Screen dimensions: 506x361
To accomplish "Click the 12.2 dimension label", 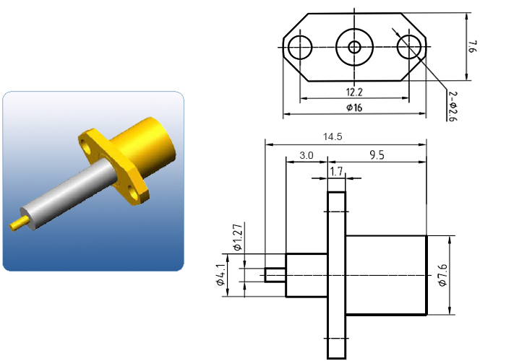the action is coord(354,92).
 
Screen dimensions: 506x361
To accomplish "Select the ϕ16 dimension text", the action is coord(354,108).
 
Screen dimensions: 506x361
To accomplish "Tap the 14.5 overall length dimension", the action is coord(333,136).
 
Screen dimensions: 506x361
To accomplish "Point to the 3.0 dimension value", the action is coord(306,155).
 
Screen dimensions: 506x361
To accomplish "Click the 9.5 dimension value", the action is coord(377,155).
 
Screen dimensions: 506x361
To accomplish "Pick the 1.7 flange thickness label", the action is coord(336,171).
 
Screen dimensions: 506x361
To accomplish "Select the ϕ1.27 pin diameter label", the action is coord(237,238).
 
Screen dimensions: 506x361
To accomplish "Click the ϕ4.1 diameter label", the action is coord(220,275).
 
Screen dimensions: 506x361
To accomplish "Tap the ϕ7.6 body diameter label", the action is coord(442,275).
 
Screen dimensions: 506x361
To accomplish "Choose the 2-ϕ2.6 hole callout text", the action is coord(453,106).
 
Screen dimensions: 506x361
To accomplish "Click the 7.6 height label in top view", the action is coord(472,47).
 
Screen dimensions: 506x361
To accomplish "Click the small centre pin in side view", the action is coord(275,275).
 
